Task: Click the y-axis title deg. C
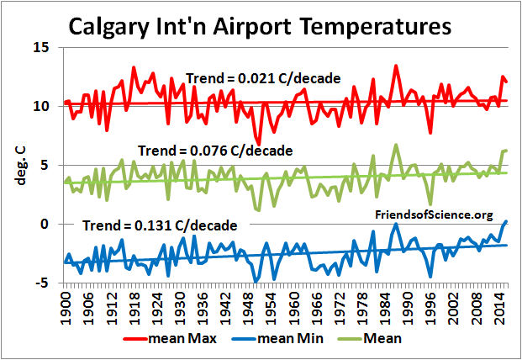[x=17, y=165]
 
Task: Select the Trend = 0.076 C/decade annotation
[x=214, y=151]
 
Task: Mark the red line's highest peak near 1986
[x=396, y=66]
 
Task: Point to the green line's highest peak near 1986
[x=396, y=145]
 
